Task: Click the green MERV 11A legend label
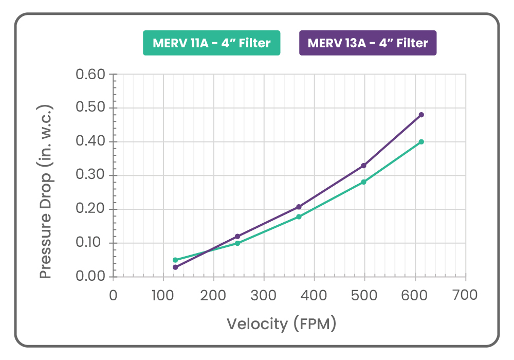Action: coord(211,43)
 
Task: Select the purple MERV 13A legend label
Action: coord(368,43)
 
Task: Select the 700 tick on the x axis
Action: coord(465,295)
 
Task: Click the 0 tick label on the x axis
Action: coord(113,295)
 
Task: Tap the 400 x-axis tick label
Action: coord(314,295)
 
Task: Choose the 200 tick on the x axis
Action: coord(213,295)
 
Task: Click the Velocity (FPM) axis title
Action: coord(282,324)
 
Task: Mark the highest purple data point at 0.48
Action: coord(421,115)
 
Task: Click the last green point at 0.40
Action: coord(421,141)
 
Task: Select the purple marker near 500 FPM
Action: coord(363,166)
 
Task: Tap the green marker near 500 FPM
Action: coord(363,182)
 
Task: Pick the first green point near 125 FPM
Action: coord(175,260)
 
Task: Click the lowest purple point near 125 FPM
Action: coord(175,267)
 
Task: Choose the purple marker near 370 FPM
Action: coord(299,207)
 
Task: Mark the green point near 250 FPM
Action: coord(237,243)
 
